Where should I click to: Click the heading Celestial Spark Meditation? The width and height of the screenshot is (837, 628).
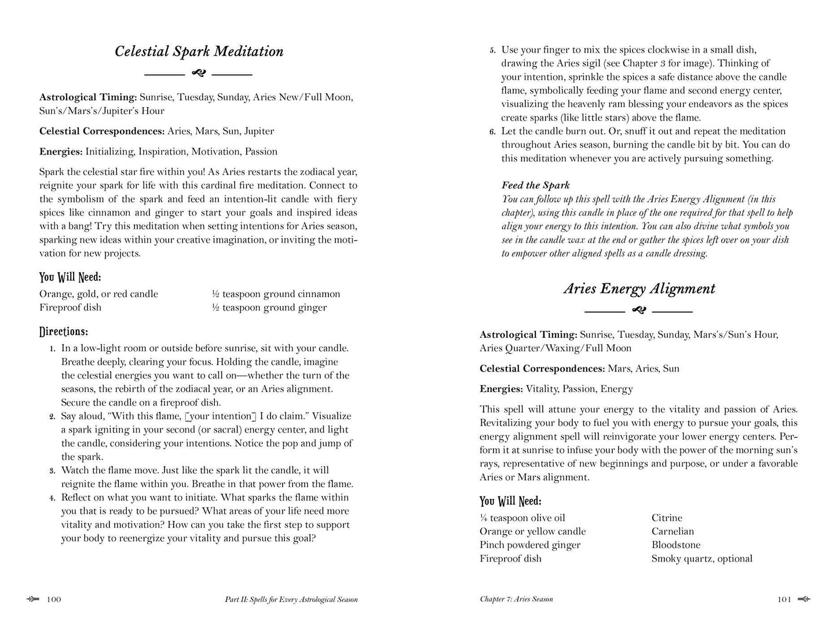(x=199, y=52)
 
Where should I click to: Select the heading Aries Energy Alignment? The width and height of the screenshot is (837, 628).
(x=639, y=289)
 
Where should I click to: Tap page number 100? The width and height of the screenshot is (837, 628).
(x=54, y=600)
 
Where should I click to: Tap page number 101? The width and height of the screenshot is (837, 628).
(x=784, y=600)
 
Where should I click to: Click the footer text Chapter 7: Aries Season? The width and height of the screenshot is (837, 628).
(x=516, y=599)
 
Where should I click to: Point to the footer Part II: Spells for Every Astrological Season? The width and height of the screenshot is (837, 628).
(x=291, y=600)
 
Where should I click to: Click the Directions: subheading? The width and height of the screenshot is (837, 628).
(x=64, y=332)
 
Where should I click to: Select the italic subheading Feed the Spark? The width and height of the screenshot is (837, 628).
(x=535, y=185)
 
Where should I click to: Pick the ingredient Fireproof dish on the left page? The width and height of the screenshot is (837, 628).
(x=70, y=308)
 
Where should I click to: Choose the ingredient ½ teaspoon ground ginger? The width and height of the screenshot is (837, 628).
(x=269, y=308)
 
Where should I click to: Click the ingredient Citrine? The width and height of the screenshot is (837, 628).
(x=667, y=518)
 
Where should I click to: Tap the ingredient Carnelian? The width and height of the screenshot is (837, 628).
(x=672, y=531)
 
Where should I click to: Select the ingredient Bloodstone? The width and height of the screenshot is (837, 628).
(x=675, y=545)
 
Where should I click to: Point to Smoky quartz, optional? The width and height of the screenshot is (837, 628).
(x=701, y=558)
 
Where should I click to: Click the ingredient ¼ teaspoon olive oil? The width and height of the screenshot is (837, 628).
(x=522, y=518)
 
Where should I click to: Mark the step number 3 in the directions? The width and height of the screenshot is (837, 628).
(x=52, y=471)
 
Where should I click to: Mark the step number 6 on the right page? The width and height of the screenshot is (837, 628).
(x=492, y=132)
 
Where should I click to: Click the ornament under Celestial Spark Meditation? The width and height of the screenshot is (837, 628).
(x=198, y=74)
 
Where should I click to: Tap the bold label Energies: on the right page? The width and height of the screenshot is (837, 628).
(x=501, y=389)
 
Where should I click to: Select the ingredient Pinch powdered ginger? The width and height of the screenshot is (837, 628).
(x=529, y=545)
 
